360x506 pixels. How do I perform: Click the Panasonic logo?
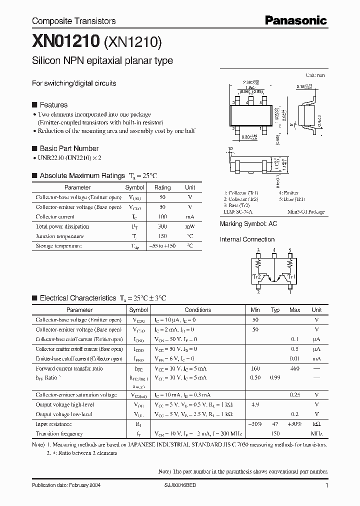pyautogui.click(x=296, y=20)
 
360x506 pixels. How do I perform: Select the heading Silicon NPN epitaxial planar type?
pyautogui.click(x=102, y=61)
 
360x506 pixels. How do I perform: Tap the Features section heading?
pyautogui.click(x=53, y=105)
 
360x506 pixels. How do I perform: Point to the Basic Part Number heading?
pyautogui.click(x=68, y=148)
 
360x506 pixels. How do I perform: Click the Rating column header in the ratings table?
pyautogui.click(x=162, y=187)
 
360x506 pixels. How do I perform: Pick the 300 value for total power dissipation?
pyautogui.click(x=162, y=226)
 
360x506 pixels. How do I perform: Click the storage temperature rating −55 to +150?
pyautogui.click(x=162, y=246)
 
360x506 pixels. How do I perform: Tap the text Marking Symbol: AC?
pyautogui.click(x=248, y=224)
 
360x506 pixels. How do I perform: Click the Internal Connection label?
pyautogui.click(x=247, y=239)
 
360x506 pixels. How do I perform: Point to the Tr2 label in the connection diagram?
pyautogui.click(x=256, y=275)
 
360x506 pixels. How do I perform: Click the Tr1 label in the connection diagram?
pyautogui.click(x=292, y=275)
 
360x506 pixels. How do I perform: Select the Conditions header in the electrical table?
pyautogui.click(x=198, y=310)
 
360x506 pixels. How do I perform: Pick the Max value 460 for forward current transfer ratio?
pyautogui.click(x=294, y=368)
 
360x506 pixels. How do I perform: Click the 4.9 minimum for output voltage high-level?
pyautogui.click(x=255, y=404)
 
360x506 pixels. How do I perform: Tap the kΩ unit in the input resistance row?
pyautogui.click(x=316, y=423)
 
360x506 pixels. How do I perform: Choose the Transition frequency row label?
pyautogui.click(x=59, y=433)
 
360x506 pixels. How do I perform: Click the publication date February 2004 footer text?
pyautogui.click(x=65, y=485)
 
